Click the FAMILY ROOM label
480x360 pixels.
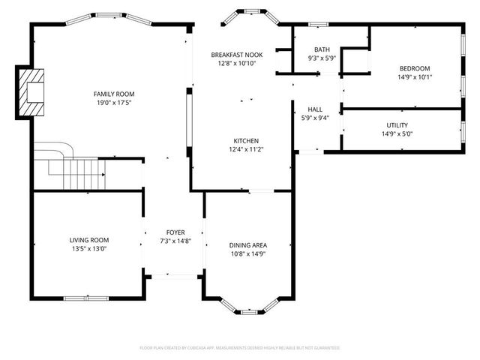114,94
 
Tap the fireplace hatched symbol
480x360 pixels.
31,91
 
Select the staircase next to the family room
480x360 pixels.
75,169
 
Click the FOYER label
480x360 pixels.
175,232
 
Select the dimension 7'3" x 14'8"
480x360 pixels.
175,241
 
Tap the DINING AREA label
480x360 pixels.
248,245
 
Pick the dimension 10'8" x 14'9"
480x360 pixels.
248,253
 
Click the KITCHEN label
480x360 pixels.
246,141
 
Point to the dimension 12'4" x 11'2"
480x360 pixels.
246,149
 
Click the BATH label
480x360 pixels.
322,49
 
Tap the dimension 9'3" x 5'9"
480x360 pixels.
322,58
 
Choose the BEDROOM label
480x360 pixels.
414,68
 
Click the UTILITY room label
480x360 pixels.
397,125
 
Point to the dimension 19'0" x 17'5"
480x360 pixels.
114,102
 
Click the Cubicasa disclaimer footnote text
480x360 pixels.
240,347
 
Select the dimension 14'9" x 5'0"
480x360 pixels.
397,133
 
